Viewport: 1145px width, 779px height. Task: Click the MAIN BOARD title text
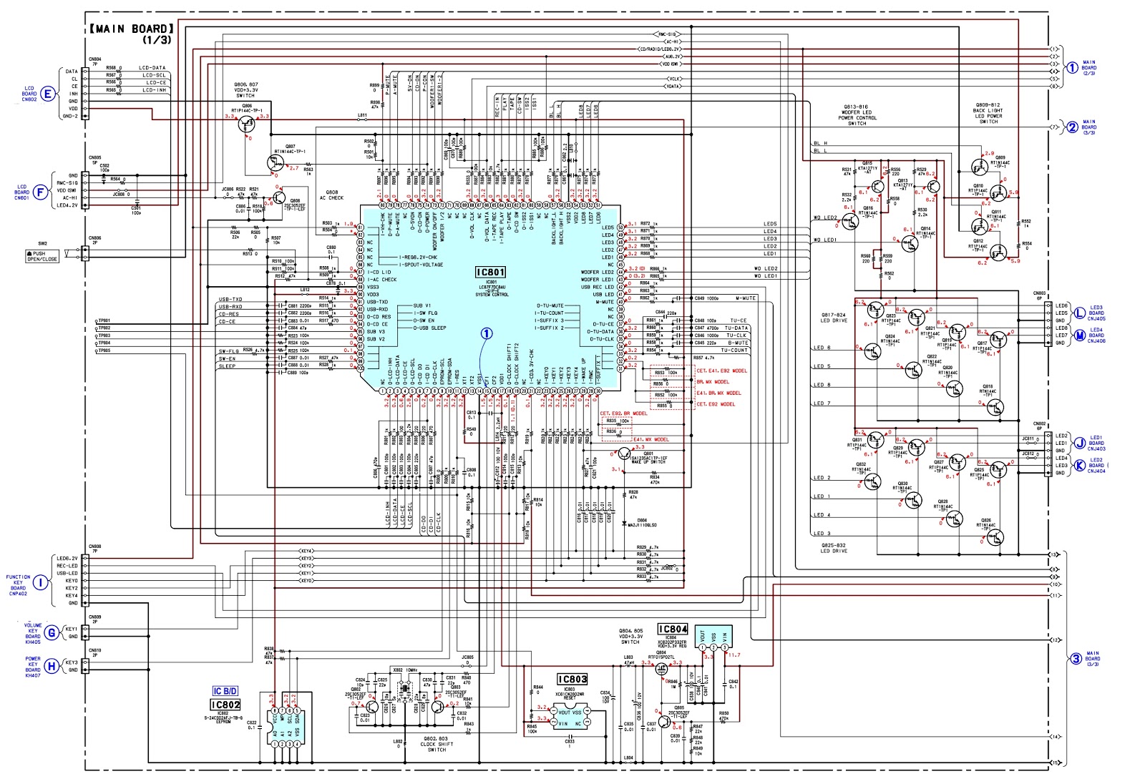[x=132, y=29]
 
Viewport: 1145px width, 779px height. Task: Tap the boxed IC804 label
[x=673, y=629]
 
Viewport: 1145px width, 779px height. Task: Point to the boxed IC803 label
[x=572, y=680]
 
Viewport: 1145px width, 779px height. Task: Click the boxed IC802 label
[x=225, y=705]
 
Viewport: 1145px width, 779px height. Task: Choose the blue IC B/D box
[x=225, y=691]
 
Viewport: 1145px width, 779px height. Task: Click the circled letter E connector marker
[x=48, y=94]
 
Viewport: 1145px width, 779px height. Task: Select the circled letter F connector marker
[x=42, y=191]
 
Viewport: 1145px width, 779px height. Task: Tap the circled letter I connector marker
[x=42, y=583]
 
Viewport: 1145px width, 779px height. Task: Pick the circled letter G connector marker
[x=51, y=633]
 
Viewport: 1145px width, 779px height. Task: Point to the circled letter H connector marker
[x=51, y=666]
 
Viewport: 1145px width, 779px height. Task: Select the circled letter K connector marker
[x=1080, y=466]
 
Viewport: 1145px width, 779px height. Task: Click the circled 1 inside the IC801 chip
[x=487, y=334]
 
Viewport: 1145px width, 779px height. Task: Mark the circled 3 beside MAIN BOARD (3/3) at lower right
[x=1076, y=659]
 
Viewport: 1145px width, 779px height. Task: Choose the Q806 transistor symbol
[x=248, y=124]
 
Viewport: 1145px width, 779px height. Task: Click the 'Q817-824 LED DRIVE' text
[x=834, y=317]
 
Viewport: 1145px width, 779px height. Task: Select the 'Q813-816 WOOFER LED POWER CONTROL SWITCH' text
[x=857, y=115]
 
